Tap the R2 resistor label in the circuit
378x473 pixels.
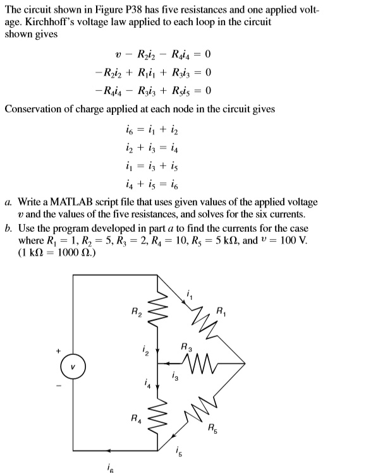click(135, 311)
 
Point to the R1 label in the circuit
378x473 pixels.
click(220, 311)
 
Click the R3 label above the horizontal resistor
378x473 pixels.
click(185, 346)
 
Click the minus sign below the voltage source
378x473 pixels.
click(58, 386)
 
